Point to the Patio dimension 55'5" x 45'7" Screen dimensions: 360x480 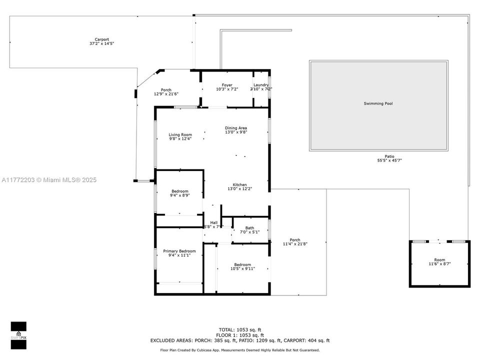pyautogui.click(x=389, y=160)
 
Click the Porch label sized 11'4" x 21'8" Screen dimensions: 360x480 pyautogui.click(x=295, y=242)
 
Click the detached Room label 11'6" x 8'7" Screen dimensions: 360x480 pyautogui.click(x=439, y=262)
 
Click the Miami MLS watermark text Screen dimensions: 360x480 pyautogui.click(x=49, y=180)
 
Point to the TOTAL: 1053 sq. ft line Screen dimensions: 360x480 pyautogui.click(x=240, y=329)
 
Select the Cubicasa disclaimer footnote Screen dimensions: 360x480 pyautogui.click(x=240, y=350)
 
